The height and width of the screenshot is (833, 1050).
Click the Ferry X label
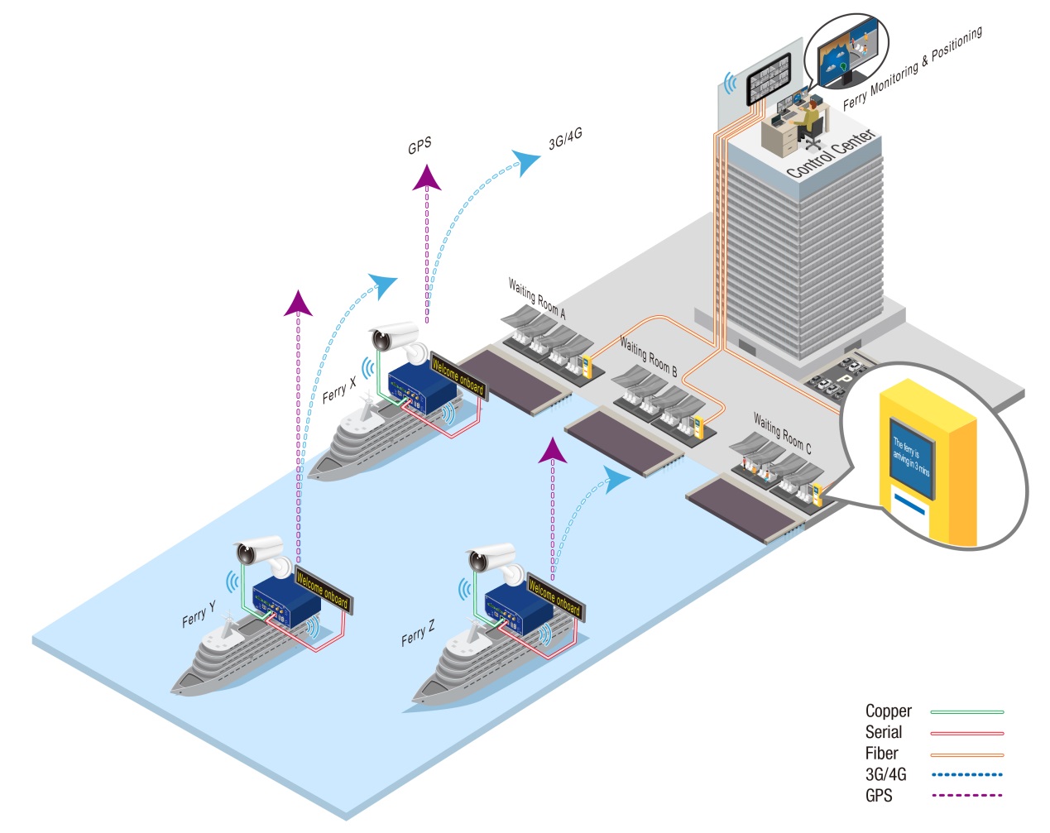click(x=338, y=389)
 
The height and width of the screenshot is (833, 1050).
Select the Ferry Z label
click(x=417, y=633)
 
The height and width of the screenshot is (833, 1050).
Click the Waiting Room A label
click(x=537, y=299)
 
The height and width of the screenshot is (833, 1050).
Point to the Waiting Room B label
click(x=648, y=357)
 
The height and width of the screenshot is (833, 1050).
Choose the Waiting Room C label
click(x=782, y=433)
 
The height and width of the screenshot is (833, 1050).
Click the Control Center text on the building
click(x=830, y=154)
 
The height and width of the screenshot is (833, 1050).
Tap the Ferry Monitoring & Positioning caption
click(x=912, y=68)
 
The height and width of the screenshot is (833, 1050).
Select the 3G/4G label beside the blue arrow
click(x=565, y=139)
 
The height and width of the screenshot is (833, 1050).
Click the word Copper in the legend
click(x=888, y=711)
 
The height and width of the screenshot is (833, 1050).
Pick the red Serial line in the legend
click(x=966, y=733)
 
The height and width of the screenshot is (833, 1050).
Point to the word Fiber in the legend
click(x=881, y=754)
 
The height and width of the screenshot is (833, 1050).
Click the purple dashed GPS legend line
click(x=966, y=796)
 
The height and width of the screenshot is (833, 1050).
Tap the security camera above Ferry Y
click(x=259, y=549)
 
